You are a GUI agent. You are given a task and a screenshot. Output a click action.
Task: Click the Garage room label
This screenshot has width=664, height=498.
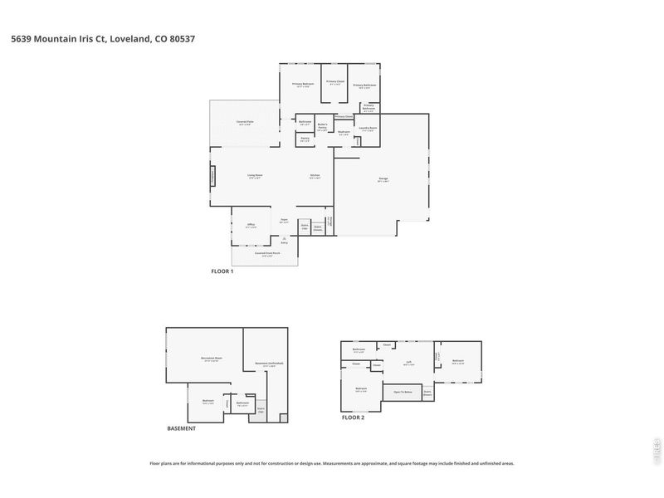383,180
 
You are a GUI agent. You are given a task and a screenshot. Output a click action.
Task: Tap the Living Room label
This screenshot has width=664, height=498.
254,175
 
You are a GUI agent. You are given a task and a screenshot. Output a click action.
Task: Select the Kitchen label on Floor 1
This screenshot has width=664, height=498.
315,175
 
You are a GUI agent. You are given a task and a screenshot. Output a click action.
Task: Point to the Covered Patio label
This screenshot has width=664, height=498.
244,123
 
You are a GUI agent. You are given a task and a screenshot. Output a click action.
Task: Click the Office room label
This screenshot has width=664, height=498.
250,225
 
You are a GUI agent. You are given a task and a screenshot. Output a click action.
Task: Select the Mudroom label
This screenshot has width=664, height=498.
344,133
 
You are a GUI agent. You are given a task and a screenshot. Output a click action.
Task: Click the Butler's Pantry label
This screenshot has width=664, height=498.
323,127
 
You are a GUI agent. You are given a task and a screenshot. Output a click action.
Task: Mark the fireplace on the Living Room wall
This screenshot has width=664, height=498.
212,176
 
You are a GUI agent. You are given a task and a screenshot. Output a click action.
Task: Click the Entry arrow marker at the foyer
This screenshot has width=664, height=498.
283,238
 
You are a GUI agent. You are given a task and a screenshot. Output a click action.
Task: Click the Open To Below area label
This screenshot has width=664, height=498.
403,391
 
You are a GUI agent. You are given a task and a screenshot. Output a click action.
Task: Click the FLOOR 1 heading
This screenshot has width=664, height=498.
222,271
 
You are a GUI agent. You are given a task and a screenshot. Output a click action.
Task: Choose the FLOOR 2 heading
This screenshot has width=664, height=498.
353,417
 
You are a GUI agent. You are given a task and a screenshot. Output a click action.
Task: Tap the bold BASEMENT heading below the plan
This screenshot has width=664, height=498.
181,428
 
